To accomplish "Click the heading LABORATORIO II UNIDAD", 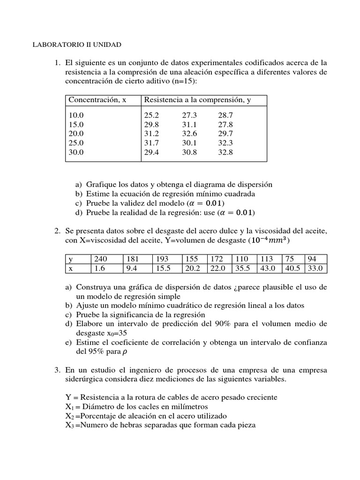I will [76, 45].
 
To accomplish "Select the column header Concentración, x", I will [97, 100].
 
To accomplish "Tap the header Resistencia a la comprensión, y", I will [197, 100].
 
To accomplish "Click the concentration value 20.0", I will [76, 134].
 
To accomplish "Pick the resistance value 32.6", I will [189, 134].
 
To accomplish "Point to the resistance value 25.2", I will [152, 115].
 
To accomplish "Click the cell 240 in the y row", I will [101, 259].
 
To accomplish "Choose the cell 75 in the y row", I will [288, 259].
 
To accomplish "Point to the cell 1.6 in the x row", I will [100, 269].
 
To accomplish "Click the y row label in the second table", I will [71, 259].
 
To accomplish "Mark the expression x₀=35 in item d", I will [114, 333].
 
